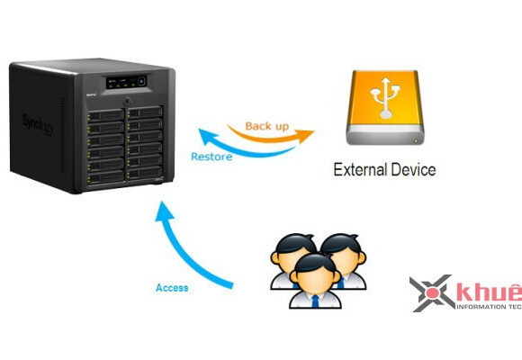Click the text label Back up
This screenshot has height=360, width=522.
coord(267,127)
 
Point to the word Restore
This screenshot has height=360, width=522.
coord(212,157)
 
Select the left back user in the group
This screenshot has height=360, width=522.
coord(292,256)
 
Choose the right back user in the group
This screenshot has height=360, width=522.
coord(341,256)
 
